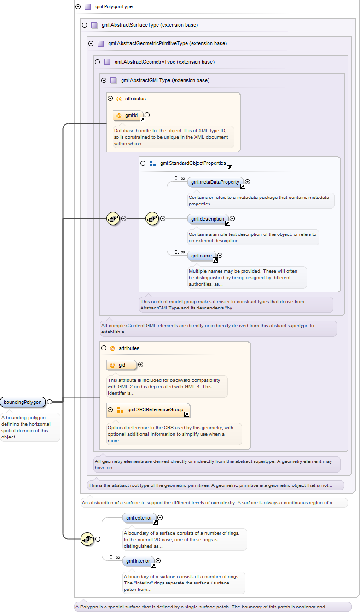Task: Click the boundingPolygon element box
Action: point(23,402)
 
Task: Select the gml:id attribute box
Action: point(128,115)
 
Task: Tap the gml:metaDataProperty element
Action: point(215,182)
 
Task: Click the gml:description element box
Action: point(208,219)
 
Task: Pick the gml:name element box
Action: point(202,256)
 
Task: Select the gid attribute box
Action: point(122,365)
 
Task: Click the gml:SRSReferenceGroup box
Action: point(148,410)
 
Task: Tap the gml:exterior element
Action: point(139,518)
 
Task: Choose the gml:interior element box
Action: point(139,561)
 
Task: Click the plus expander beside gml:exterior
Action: point(160,518)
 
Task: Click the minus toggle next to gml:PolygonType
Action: point(78,7)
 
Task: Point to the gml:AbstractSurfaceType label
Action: point(130,25)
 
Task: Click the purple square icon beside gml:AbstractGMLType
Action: point(114,80)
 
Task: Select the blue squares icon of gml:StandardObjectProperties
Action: point(153,163)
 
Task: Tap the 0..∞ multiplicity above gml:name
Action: point(180,252)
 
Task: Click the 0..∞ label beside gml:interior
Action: point(115,557)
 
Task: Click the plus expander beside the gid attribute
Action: point(140,364)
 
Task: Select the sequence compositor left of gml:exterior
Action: point(87,539)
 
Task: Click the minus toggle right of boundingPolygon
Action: point(50,402)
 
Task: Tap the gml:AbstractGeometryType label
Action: point(145,62)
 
